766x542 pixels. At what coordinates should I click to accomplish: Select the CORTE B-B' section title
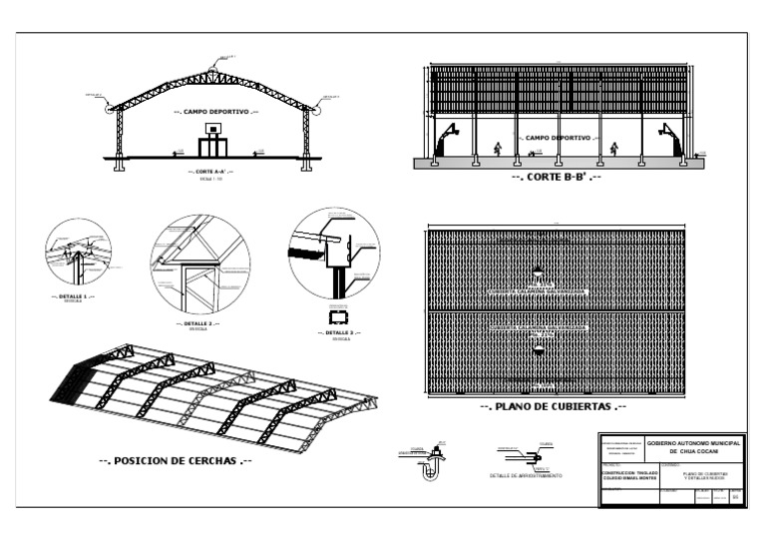coord(557,178)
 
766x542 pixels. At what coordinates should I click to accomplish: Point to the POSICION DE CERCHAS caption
coord(175,461)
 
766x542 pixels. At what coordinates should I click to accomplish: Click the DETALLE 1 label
coord(72,296)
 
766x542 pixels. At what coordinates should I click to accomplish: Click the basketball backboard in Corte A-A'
coord(212,129)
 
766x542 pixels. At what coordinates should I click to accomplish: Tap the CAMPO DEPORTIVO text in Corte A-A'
coord(215,112)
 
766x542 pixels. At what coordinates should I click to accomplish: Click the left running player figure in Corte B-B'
coord(497,149)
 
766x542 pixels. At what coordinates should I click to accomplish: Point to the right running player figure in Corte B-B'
coord(614,149)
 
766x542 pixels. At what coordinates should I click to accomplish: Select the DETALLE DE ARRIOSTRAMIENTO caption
coord(526,476)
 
